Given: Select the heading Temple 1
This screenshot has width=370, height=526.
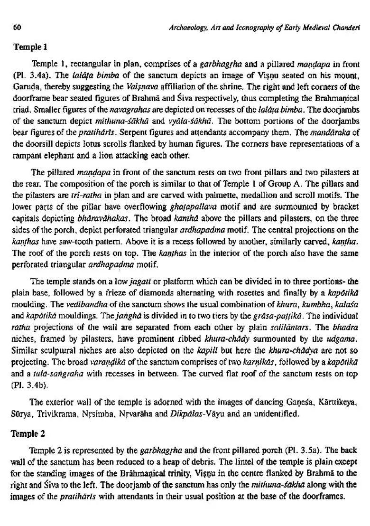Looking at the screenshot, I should click(x=31, y=47).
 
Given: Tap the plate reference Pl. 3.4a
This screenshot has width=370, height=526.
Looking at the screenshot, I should click(x=30, y=75).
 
